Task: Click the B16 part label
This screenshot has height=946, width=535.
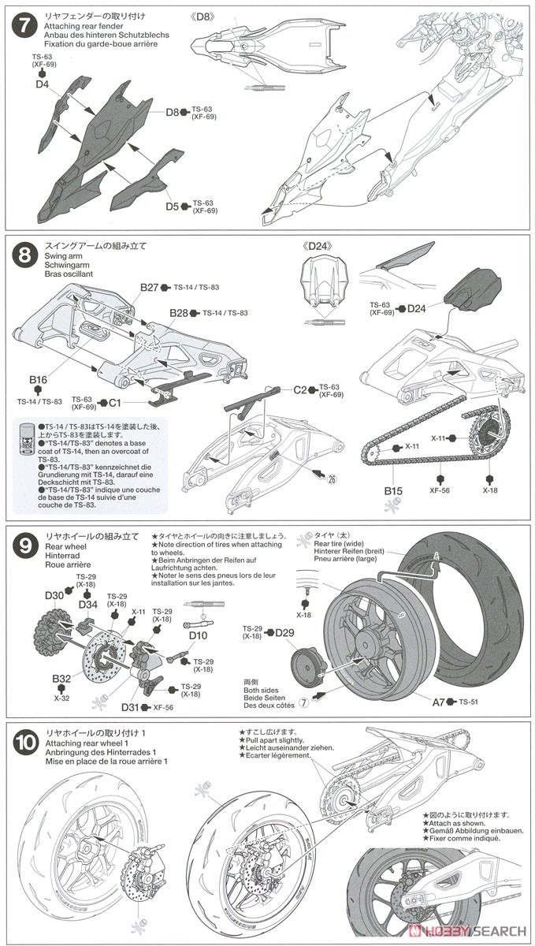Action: click(x=39, y=381)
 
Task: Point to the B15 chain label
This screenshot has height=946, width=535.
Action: click(x=393, y=491)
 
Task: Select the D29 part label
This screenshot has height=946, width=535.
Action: click(x=284, y=632)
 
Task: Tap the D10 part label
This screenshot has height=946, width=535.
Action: click(x=198, y=635)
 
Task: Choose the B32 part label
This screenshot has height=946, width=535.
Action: click(x=61, y=678)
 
